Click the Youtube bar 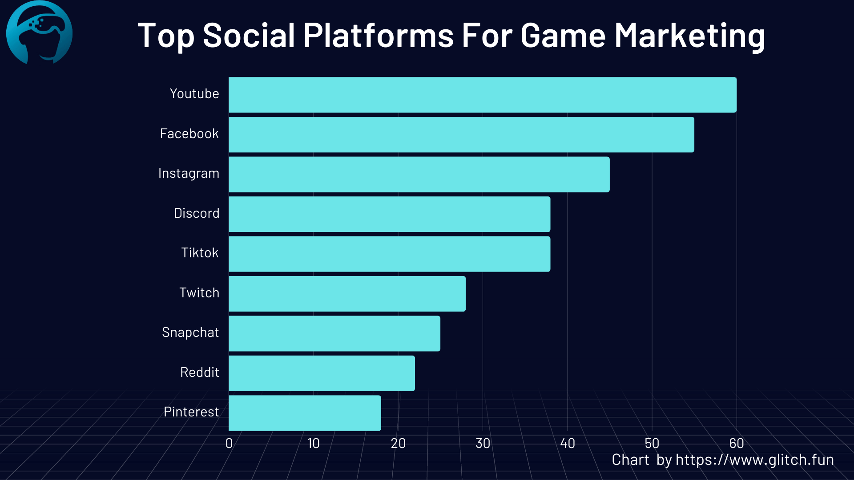click(x=483, y=95)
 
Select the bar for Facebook click(x=461, y=135)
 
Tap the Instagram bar click(x=419, y=174)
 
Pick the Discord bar click(x=390, y=214)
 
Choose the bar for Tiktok click(x=390, y=254)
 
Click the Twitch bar click(x=347, y=294)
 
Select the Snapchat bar click(x=334, y=333)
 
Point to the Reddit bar click(x=322, y=373)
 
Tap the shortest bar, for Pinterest click(x=305, y=413)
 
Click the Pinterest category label click(x=191, y=412)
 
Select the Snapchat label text click(x=190, y=332)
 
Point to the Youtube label click(x=194, y=94)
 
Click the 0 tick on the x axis click(x=229, y=443)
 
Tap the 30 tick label click(x=483, y=443)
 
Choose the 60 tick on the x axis click(x=736, y=443)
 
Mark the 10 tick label click(x=314, y=443)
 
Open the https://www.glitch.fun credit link click(x=754, y=460)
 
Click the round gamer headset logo click(x=39, y=32)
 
